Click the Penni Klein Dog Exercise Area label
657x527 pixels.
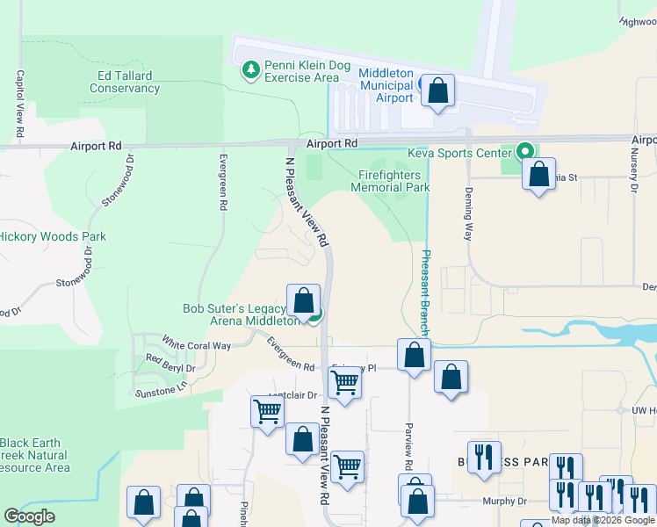[300, 72]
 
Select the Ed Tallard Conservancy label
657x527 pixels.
[125, 83]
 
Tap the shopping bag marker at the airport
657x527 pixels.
[437, 90]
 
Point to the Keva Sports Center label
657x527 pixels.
[458, 152]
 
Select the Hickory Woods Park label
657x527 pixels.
[53, 236]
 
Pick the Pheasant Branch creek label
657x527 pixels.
[425, 290]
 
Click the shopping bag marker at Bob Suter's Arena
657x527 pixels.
[303, 300]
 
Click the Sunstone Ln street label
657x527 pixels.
[159, 389]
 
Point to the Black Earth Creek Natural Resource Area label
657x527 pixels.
[35, 455]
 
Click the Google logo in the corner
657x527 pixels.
[29, 516]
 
